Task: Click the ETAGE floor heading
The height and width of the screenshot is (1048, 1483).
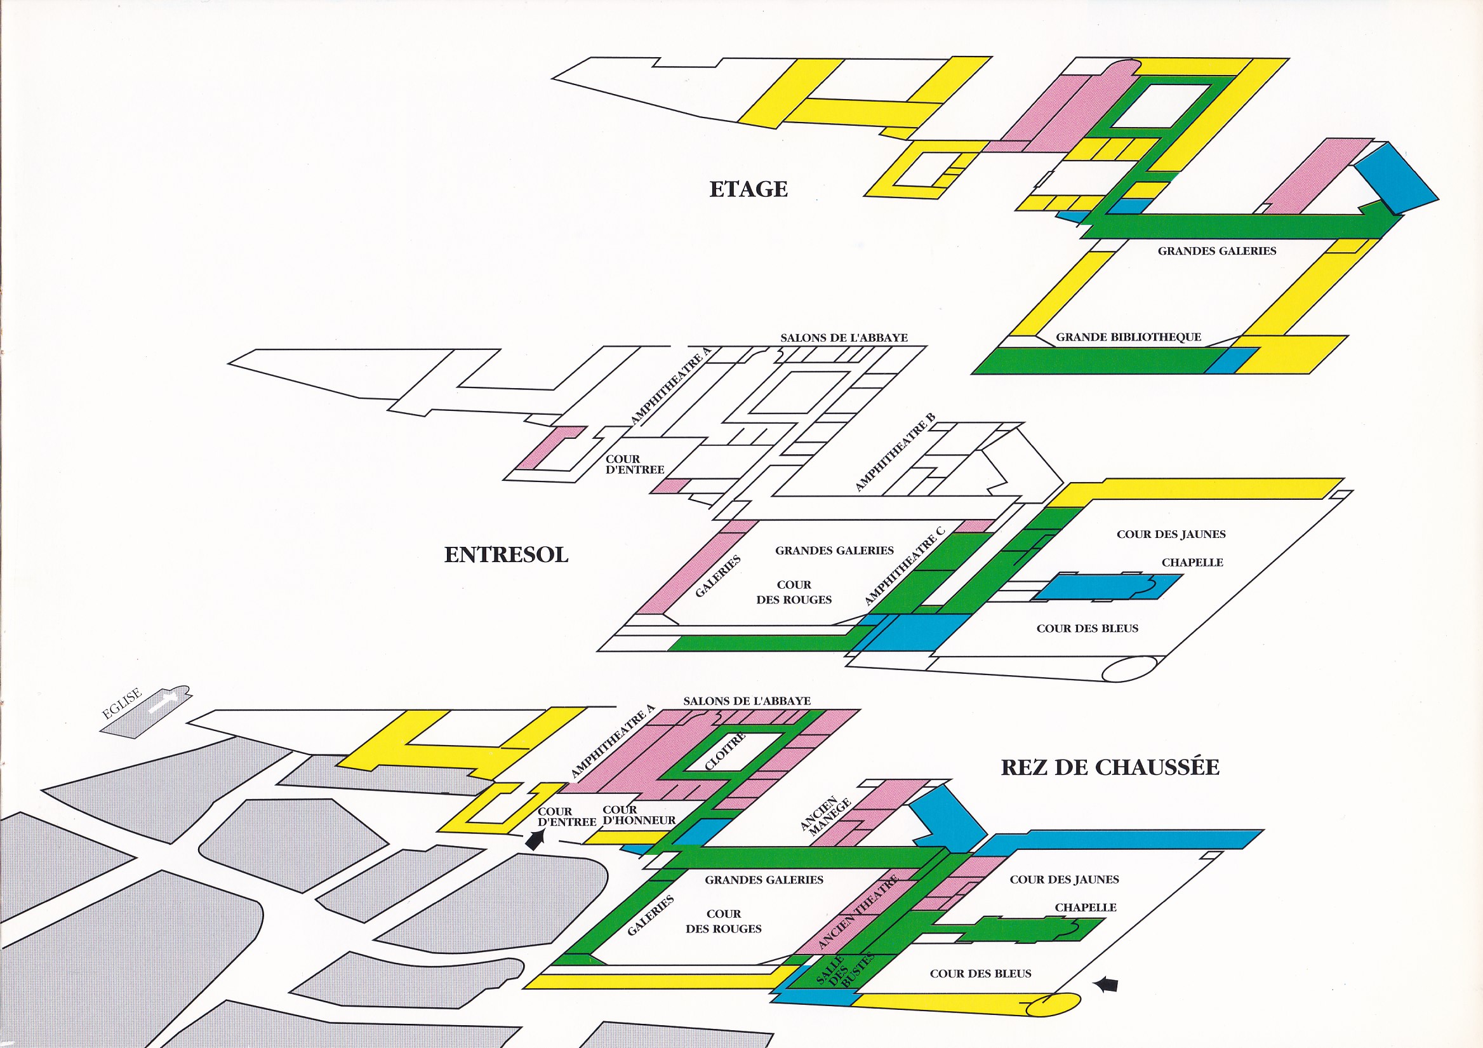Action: click(x=748, y=189)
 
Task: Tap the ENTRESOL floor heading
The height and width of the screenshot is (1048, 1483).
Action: click(x=506, y=554)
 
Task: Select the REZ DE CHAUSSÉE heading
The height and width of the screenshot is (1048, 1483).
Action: click(x=1110, y=767)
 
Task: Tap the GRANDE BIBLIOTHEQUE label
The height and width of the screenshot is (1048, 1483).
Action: click(x=1127, y=337)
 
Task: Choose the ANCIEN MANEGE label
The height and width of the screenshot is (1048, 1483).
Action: click(x=822, y=817)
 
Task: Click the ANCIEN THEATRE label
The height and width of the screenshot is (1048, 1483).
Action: click(x=858, y=911)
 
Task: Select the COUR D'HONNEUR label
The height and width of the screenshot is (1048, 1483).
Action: click(x=638, y=815)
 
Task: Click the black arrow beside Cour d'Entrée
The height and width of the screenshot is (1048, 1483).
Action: click(x=535, y=838)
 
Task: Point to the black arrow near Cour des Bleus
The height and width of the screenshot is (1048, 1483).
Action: click(x=1107, y=984)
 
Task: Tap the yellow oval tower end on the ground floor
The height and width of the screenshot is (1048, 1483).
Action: click(x=1053, y=1004)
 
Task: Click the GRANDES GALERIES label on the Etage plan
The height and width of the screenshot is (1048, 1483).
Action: click(x=1216, y=251)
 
